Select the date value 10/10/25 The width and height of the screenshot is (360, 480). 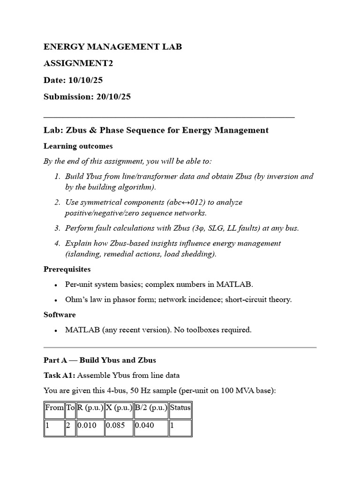pos(85,80)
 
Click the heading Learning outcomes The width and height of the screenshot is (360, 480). pos(78,146)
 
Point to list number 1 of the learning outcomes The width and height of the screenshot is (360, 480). pos(57,177)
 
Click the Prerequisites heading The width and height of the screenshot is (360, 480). pos(67,270)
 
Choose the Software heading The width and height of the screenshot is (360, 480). pos(60,315)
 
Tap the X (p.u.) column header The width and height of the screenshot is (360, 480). pos(119,408)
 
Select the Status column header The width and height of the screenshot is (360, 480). pos(180,408)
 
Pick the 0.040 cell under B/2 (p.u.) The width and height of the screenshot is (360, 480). pos(144,427)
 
